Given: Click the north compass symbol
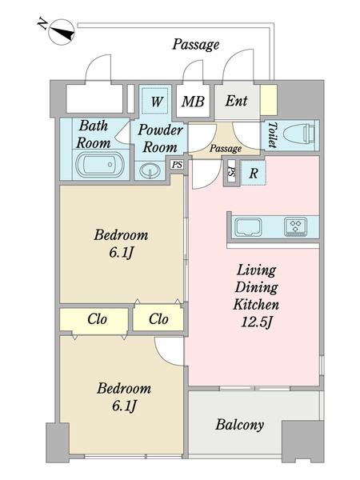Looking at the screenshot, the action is click(62, 32).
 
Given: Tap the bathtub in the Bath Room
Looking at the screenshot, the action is click(100, 165).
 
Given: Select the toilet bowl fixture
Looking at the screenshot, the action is click(298, 134).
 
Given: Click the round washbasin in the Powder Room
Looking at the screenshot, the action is click(150, 170).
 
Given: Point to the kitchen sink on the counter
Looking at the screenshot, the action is click(248, 227).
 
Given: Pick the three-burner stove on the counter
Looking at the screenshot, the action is click(295, 227).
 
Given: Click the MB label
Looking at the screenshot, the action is click(193, 102).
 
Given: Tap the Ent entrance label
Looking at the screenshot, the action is click(236, 101).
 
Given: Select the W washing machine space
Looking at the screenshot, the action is click(157, 101).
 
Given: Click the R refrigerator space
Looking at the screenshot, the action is click(253, 174).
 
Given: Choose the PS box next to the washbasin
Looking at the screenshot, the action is click(177, 165).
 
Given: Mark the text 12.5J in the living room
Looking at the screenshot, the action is click(256, 322).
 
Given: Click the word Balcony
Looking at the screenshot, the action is click(239, 426).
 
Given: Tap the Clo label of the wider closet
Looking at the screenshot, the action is click(97, 319).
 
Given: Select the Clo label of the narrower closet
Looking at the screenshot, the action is click(158, 319).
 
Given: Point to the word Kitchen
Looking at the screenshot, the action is click(256, 305).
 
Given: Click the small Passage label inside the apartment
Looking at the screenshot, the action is click(226, 149).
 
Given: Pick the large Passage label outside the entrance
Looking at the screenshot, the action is click(196, 45).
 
